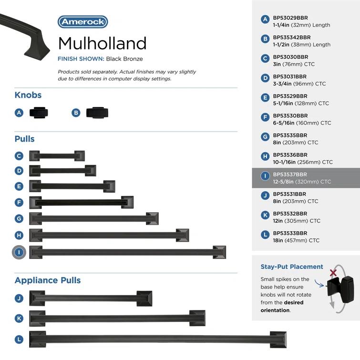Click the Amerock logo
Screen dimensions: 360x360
(82, 22)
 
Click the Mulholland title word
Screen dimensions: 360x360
(102, 43)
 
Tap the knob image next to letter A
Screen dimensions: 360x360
(39, 113)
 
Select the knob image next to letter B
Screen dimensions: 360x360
(97, 113)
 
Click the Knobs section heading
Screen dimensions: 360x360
(28, 95)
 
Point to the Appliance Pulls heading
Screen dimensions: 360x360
(48, 280)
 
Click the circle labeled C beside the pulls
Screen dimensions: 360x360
(19, 156)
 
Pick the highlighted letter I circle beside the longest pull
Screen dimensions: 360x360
(19, 252)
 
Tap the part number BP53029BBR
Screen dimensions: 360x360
(290, 18)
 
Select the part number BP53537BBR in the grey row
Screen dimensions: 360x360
(290, 175)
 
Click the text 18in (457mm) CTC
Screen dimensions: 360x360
(296, 240)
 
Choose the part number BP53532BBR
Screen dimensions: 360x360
(290, 214)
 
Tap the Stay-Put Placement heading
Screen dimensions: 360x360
(292, 267)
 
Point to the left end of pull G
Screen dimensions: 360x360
(36, 218)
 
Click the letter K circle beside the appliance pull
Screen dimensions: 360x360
(19, 318)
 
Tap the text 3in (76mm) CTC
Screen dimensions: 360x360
(294, 64)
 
